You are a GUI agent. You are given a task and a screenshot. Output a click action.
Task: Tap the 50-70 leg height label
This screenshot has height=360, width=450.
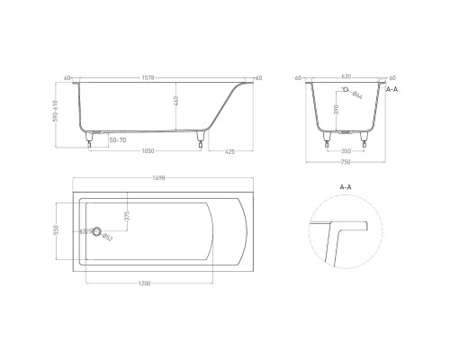pos(117,141)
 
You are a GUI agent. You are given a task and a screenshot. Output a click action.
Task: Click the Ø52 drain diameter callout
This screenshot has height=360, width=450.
pos(108,238)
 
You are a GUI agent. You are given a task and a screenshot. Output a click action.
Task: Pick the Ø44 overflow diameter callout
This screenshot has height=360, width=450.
pos(357,94)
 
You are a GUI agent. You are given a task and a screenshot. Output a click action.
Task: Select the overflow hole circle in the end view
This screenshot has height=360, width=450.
pos(346,90)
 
